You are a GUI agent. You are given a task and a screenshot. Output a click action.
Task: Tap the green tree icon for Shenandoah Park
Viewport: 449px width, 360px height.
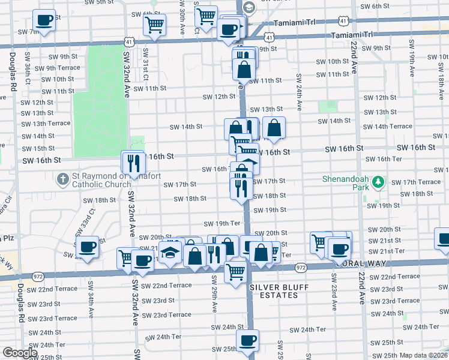[x=378, y=181]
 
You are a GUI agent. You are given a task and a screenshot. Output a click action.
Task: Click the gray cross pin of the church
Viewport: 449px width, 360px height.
[x=62, y=178]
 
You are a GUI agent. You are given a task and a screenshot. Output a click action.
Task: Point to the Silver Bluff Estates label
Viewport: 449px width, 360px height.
[x=274, y=291]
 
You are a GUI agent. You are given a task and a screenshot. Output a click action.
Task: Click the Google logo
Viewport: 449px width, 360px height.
[x=20, y=353]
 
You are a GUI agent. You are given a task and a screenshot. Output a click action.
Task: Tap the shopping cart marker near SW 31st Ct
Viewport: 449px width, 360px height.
[x=154, y=25]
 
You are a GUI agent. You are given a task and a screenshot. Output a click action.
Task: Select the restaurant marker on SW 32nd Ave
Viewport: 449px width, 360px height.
[x=133, y=161]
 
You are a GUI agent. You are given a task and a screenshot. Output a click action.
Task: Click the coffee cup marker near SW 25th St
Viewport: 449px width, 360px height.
[x=247, y=341]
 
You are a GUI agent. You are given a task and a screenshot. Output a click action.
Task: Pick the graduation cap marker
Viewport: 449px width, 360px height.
[x=170, y=251]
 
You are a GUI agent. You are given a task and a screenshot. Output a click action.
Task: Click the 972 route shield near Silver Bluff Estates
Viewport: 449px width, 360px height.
[x=301, y=268]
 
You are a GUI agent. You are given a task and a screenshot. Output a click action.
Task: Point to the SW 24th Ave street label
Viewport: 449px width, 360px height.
[x=298, y=93]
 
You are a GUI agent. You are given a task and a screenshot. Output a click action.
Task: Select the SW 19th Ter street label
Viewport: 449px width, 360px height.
[x=222, y=223]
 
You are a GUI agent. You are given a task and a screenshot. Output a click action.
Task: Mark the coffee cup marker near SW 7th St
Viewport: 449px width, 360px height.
[x=44, y=20]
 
